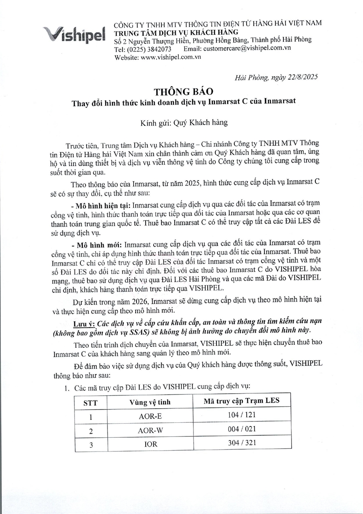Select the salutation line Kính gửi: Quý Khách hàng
181,122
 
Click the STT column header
90,403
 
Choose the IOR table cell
150,444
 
